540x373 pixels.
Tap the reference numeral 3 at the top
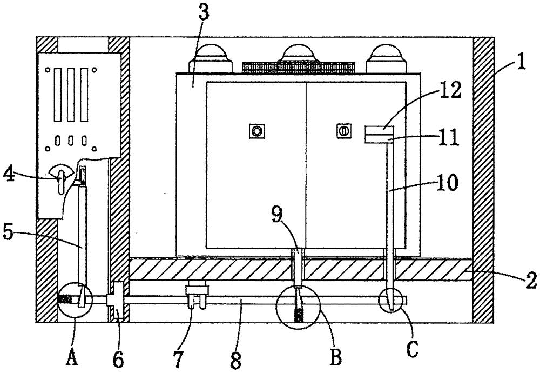(x=203, y=15)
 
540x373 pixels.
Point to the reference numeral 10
(x=448, y=182)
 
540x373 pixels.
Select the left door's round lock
(x=256, y=131)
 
